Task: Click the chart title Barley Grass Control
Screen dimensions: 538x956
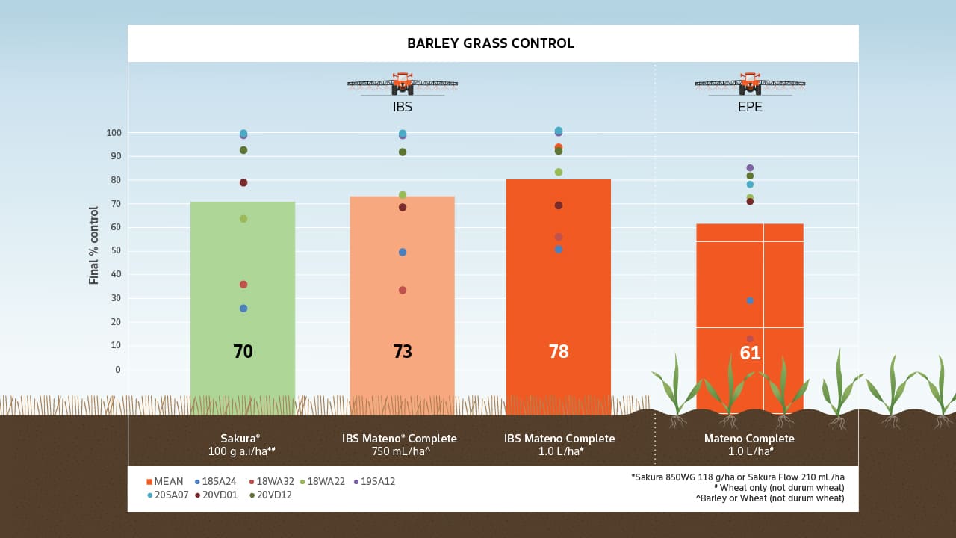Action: (491, 43)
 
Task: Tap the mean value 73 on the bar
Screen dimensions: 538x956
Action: (403, 351)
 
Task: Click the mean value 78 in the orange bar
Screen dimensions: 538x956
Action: (559, 351)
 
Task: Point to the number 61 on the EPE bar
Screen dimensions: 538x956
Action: (750, 353)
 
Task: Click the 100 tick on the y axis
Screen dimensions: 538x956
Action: (114, 133)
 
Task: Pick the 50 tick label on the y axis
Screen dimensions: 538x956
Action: (116, 250)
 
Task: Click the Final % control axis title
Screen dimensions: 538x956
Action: (94, 245)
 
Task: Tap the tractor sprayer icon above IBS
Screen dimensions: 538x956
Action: (403, 84)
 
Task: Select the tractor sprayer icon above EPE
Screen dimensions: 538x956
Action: (750, 84)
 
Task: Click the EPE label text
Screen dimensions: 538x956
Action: (750, 107)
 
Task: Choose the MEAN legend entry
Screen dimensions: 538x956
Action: (166, 482)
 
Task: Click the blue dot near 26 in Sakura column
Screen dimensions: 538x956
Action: (243, 309)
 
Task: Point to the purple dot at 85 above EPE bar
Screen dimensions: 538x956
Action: (750, 168)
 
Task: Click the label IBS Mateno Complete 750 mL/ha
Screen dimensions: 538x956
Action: (402, 445)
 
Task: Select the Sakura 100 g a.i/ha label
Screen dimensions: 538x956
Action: (243, 445)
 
